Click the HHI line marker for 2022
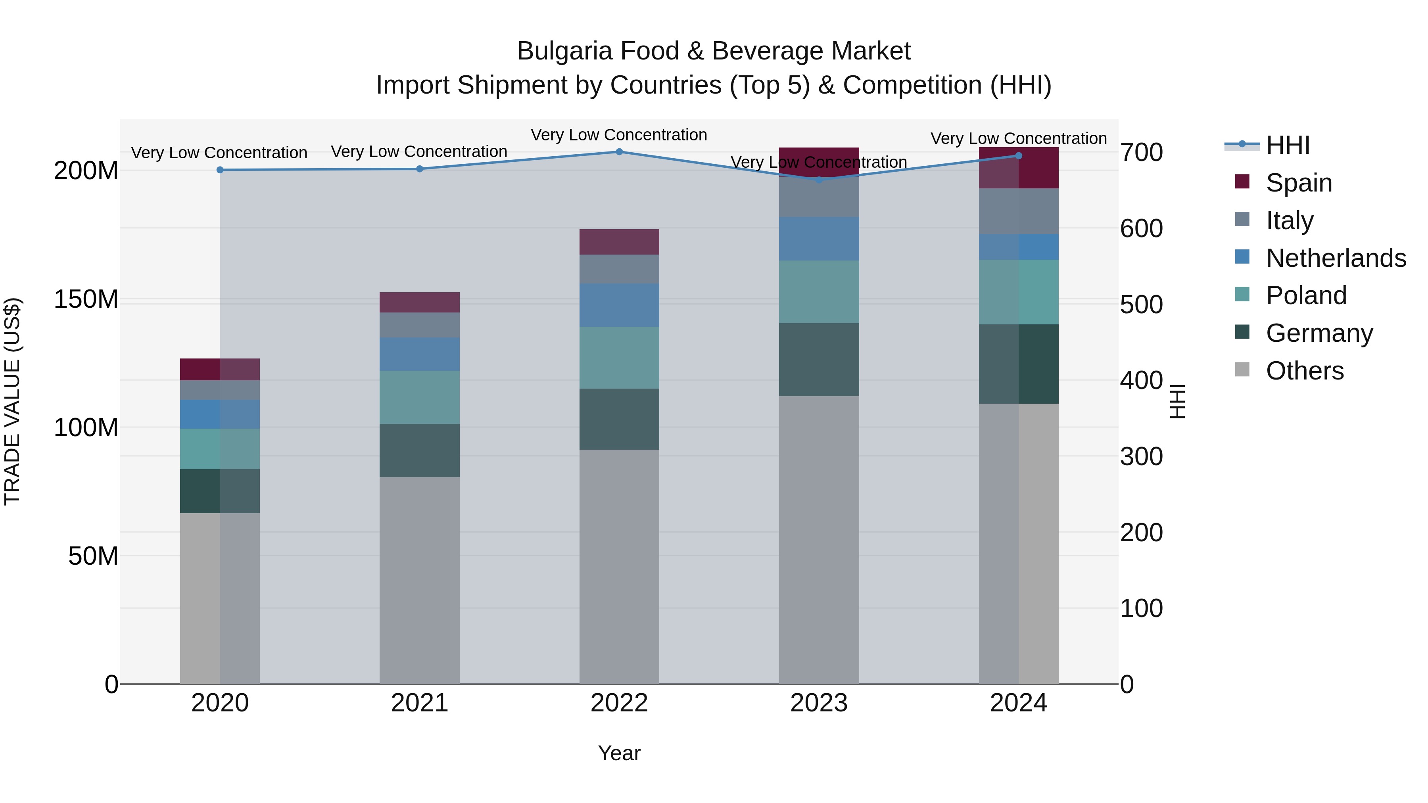[x=619, y=152]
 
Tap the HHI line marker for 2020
[x=220, y=170]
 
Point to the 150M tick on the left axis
[x=86, y=299]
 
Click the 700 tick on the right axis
[x=1141, y=152]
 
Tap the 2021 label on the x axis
[x=420, y=703]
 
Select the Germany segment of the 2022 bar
[x=619, y=419]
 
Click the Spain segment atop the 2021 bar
[x=420, y=303]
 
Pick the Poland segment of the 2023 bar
[x=819, y=292]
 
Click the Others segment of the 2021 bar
[x=420, y=580]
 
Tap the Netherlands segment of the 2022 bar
[x=619, y=305]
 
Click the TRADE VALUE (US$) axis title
[x=12, y=401]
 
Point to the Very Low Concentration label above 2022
[x=619, y=135]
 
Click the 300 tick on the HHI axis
[x=1141, y=457]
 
